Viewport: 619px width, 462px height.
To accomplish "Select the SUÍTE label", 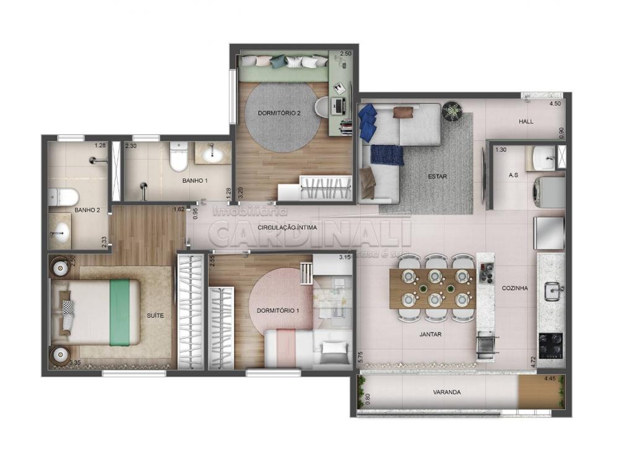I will [155, 315].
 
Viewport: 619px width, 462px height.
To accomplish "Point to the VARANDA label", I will [447, 392].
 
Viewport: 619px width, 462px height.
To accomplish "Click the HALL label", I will [526, 121].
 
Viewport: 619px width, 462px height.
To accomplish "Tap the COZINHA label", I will [514, 287].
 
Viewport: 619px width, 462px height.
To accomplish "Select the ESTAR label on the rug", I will [437, 177].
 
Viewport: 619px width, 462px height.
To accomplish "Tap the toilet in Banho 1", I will [178, 157].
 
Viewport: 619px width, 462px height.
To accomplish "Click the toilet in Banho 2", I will [64, 197].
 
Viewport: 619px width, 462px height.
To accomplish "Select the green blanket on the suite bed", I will [120, 312].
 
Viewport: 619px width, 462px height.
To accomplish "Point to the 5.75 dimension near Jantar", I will [361, 359].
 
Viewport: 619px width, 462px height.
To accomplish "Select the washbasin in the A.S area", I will [545, 159].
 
